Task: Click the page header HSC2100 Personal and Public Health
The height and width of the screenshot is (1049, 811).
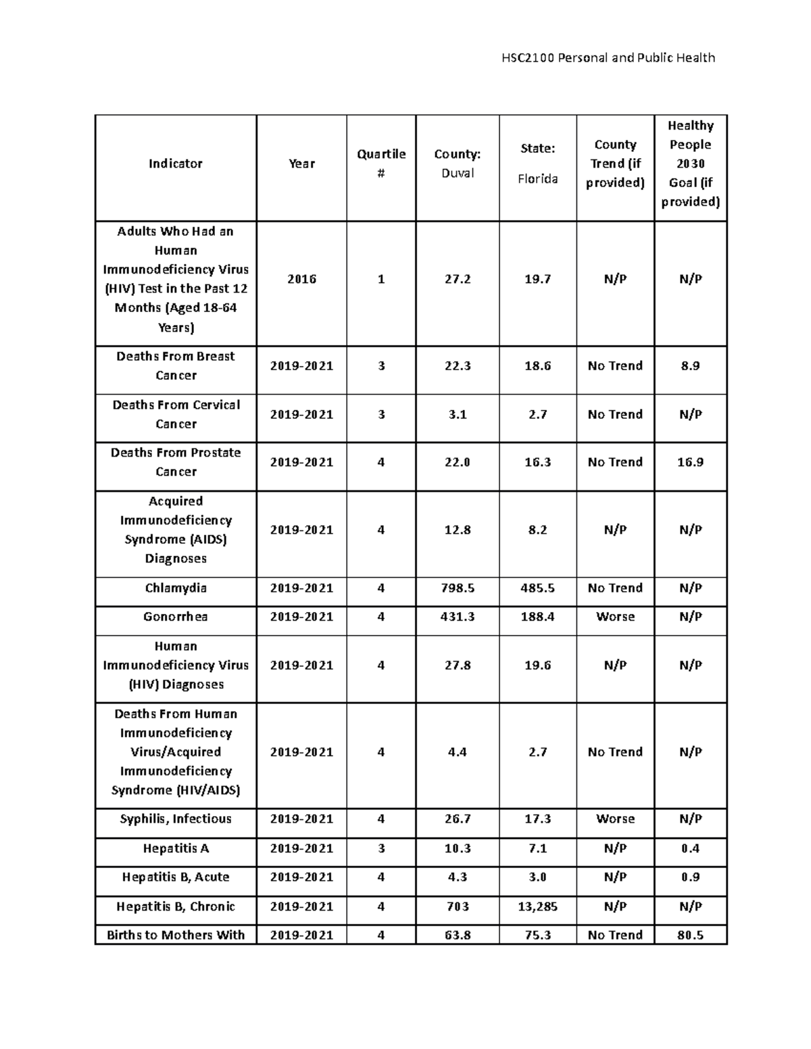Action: click(x=608, y=57)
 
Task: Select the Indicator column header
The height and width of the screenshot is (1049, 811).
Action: click(x=176, y=163)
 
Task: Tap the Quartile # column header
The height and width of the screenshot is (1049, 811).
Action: click(x=381, y=163)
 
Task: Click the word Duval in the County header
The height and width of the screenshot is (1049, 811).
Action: click(x=458, y=174)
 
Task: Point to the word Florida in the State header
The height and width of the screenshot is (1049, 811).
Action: click(x=537, y=179)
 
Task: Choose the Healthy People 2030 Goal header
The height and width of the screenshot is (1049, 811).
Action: click(x=690, y=163)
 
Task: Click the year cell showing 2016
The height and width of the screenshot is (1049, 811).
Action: click(x=301, y=279)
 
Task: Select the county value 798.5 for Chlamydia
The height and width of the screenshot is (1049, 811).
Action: click(x=458, y=588)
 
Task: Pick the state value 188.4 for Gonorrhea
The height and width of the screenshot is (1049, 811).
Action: click(x=537, y=617)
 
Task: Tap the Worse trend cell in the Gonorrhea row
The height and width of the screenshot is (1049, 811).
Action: click(x=615, y=617)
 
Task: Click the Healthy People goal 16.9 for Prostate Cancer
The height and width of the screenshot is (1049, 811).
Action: click(x=690, y=462)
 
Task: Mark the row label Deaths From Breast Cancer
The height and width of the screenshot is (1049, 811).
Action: click(x=176, y=365)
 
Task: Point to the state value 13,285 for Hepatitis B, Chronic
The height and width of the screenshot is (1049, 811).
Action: click(x=537, y=906)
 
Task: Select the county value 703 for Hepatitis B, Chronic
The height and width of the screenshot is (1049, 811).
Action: click(x=458, y=906)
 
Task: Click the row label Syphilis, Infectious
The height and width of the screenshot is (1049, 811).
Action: click(x=176, y=819)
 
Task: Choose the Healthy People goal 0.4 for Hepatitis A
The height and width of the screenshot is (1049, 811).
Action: click(x=690, y=848)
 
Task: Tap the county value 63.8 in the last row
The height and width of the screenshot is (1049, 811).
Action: click(x=458, y=935)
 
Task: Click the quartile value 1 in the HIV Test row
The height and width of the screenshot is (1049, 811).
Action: click(x=381, y=279)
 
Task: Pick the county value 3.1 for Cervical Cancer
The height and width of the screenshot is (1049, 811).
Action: click(x=458, y=414)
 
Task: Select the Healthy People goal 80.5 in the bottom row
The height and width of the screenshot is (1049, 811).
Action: click(x=690, y=935)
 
